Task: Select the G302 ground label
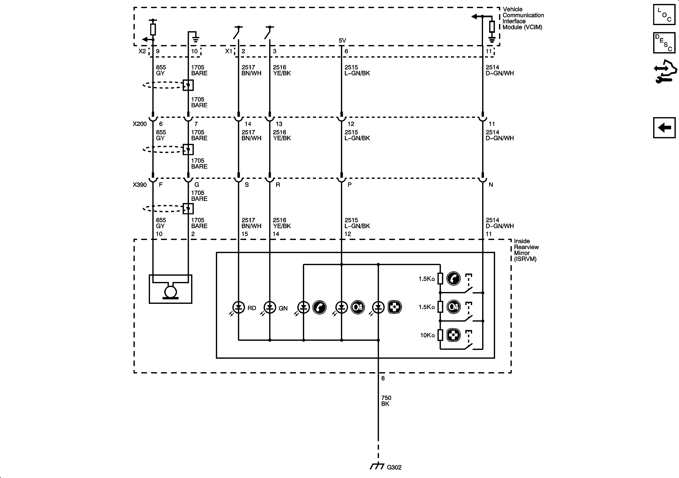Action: pos(394,467)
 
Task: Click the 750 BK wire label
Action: pos(386,401)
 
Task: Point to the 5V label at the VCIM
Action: pos(342,41)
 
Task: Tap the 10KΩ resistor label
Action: pos(427,335)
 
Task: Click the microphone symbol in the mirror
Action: pos(170,291)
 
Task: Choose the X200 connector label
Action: pos(140,124)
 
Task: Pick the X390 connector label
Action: pos(140,185)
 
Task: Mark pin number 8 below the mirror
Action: pos(383,378)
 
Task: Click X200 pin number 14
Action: pos(248,124)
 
